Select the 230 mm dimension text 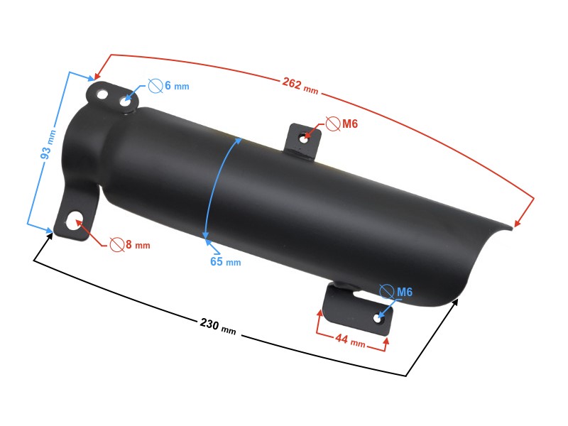click(x=217, y=326)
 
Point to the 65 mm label click(x=225, y=261)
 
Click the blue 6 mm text click(x=177, y=86)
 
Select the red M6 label click(x=350, y=124)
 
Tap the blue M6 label click(x=405, y=292)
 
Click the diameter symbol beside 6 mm click(x=155, y=85)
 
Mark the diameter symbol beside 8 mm click(x=116, y=245)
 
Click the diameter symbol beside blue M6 click(x=387, y=291)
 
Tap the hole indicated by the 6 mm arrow click(x=126, y=102)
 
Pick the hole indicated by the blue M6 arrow click(x=377, y=319)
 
